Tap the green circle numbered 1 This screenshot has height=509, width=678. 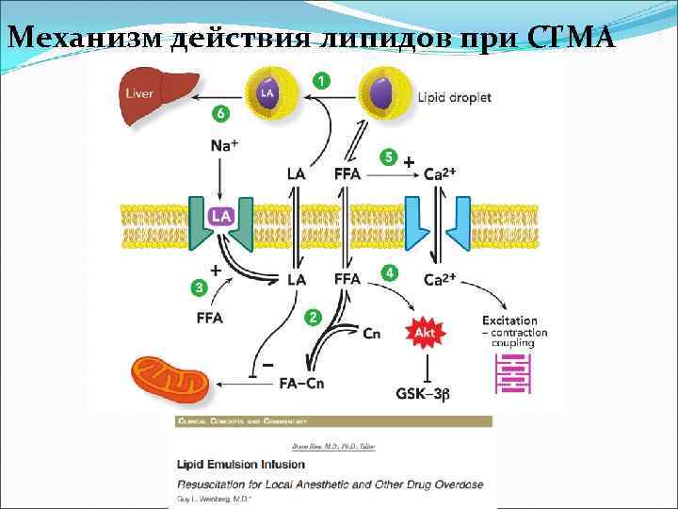pyautogui.click(x=321, y=81)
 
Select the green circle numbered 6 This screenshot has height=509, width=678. pyautogui.click(x=220, y=114)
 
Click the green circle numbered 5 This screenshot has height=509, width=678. pyautogui.click(x=388, y=156)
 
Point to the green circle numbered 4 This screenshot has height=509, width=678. pyautogui.click(x=388, y=272)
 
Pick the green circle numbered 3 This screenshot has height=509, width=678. pyautogui.click(x=199, y=286)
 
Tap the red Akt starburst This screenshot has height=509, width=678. pyautogui.click(x=424, y=332)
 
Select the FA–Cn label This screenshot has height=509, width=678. pyautogui.click(x=302, y=384)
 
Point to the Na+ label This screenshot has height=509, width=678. pyautogui.click(x=224, y=145)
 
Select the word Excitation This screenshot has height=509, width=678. pyautogui.click(x=509, y=320)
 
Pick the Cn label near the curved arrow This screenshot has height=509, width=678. pyautogui.click(x=371, y=334)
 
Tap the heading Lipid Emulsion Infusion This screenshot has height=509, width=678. pyautogui.click(x=241, y=463)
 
